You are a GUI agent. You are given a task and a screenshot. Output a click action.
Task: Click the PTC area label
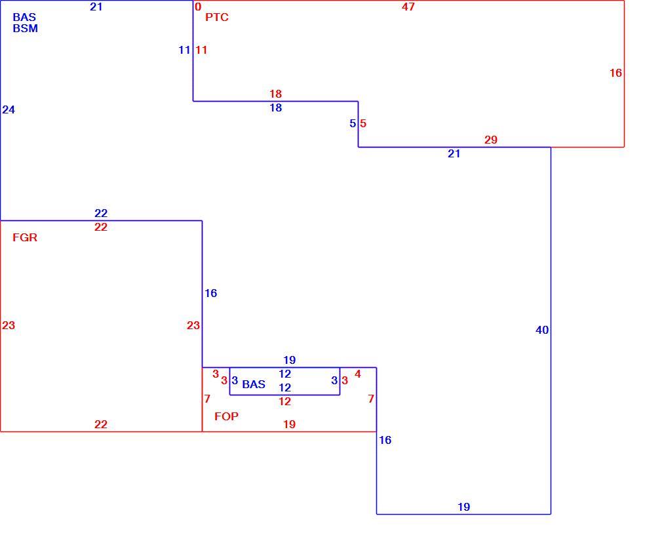[x=216, y=17]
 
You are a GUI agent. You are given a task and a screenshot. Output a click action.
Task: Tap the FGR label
[x=25, y=237]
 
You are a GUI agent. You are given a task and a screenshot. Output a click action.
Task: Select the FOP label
[x=226, y=416]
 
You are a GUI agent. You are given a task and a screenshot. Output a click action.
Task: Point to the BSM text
[x=26, y=28]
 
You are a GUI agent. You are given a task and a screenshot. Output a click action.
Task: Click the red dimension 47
[x=408, y=7]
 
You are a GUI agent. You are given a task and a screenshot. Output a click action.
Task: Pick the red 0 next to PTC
[x=198, y=7]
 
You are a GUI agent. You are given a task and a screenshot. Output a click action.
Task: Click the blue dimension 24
[x=9, y=110]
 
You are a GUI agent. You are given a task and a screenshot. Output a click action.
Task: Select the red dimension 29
[x=490, y=140]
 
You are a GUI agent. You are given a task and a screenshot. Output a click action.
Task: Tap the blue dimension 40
[x=542, y=330]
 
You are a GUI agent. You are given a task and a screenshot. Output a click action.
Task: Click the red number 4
[x=358, y=374]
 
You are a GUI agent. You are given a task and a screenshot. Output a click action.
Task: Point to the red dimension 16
[x=615, y=73]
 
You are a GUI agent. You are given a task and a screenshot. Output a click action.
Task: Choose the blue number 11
[x=184, y=50]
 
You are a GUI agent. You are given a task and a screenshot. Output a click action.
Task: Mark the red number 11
[x=201, y=50]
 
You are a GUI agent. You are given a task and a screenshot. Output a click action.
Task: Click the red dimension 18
[x=276, y=94]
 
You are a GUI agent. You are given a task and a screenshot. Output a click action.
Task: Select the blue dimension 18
[x=276, y=108]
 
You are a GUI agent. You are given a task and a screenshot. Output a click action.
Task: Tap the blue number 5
[x=353, y=124]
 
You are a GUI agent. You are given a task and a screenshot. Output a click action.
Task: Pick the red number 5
[x=363, y=124]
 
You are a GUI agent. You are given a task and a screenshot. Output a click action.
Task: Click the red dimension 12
[x=285, y=401]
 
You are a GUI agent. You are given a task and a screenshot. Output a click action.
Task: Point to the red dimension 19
[x=289, y=425]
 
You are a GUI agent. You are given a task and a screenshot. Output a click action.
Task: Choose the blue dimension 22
[x=101, y=213]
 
